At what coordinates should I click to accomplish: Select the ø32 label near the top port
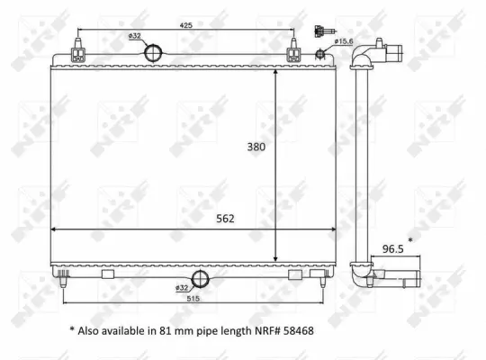(x=136, y=35)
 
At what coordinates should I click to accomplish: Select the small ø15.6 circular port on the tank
(x=319, y=54)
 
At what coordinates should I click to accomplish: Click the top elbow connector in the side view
(x=369, y=54)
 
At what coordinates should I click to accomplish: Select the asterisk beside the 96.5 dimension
(x=411, y=239)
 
